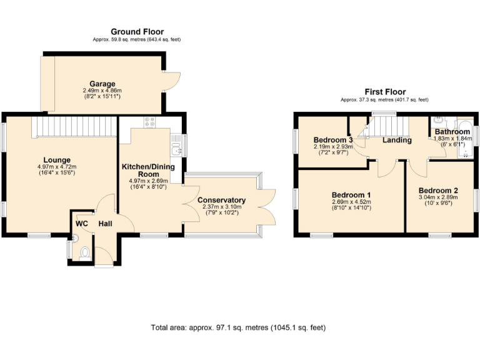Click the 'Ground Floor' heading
(x=137, y=31)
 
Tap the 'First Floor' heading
(x=384, y=91)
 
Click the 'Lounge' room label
(x=57, y=160)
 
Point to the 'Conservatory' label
(x=221, y=200)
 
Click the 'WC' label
(x=81, y=224)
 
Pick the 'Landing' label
(x=397, y=140)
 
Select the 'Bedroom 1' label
(x=351, y=194)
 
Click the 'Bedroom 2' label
(x=438, y=191)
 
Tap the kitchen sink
(x=176, y=148)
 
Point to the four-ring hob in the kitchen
(x=150, y=123)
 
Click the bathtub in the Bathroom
(x=464, y=141)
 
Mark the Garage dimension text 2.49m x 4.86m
(x=102, y=91)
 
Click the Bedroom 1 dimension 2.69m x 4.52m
(x=351, y=202)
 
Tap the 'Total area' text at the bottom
(x=238, y=327)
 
